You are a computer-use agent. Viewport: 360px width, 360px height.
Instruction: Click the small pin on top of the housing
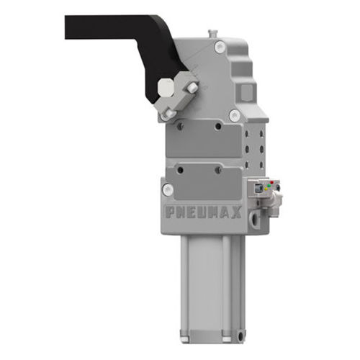[x=211, y=32]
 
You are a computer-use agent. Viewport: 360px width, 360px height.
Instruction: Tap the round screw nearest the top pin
[x=220, y=47]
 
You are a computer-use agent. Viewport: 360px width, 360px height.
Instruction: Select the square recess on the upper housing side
[x=247, y=91]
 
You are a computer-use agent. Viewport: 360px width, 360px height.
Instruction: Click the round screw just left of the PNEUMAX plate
[x=168, y=189]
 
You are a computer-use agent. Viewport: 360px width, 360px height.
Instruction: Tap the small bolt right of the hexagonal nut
[x=192, y=87]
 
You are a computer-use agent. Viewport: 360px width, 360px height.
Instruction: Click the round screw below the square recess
[x=234, y=114]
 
